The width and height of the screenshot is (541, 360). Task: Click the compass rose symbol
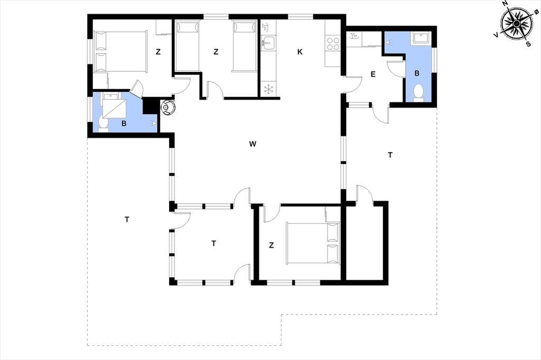click(517, 23)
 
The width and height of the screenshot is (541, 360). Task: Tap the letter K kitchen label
click(300, 52)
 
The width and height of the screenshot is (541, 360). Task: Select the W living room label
click(253, 144)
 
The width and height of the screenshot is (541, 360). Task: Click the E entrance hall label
click(373, 74)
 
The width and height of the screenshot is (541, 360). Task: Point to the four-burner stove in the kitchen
click(333, 43)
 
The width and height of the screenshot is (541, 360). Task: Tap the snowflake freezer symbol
click(268, 89)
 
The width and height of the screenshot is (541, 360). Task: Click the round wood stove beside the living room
click(167, 107)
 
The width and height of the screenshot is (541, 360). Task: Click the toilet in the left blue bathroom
click(103, 124)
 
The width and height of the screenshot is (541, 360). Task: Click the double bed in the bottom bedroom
click(313, 243)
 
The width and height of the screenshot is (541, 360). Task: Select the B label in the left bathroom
click(124, 124)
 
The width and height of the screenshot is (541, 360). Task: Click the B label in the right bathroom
click(417, 73)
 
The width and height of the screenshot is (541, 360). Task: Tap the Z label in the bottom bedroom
click(271, 245)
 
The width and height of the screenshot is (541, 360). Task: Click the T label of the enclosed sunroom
click(213, 244)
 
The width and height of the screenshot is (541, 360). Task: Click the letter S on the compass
click(528, 44)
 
